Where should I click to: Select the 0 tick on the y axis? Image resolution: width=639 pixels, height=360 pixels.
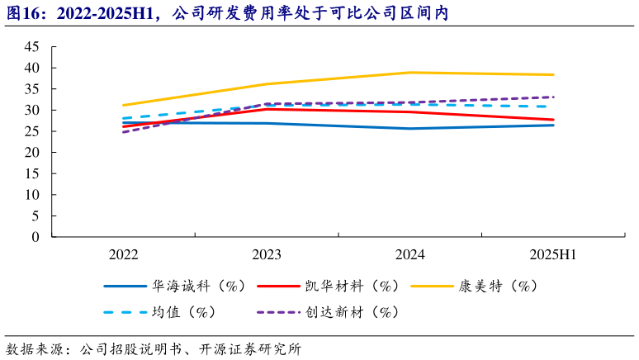[x=35, y=237]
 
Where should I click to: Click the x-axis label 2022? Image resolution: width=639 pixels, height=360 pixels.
[x=123, y=253]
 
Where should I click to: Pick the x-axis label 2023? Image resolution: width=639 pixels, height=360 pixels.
[x=267, y=253]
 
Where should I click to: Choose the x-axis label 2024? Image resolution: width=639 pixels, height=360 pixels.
[x=409, y=253]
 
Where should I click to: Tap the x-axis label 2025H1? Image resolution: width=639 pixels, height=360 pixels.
[x=553, y=253]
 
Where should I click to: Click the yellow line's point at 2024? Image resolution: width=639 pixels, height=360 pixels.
[x=409, y=73]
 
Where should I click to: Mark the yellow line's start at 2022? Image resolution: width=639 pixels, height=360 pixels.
[x=123, y=105]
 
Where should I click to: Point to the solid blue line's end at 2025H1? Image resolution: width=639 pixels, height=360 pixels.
[x=553, y=125]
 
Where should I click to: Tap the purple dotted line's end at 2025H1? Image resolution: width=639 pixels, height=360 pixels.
[x=553, y=97]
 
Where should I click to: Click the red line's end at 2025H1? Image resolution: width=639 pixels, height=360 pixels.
[x=553, y=120]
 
